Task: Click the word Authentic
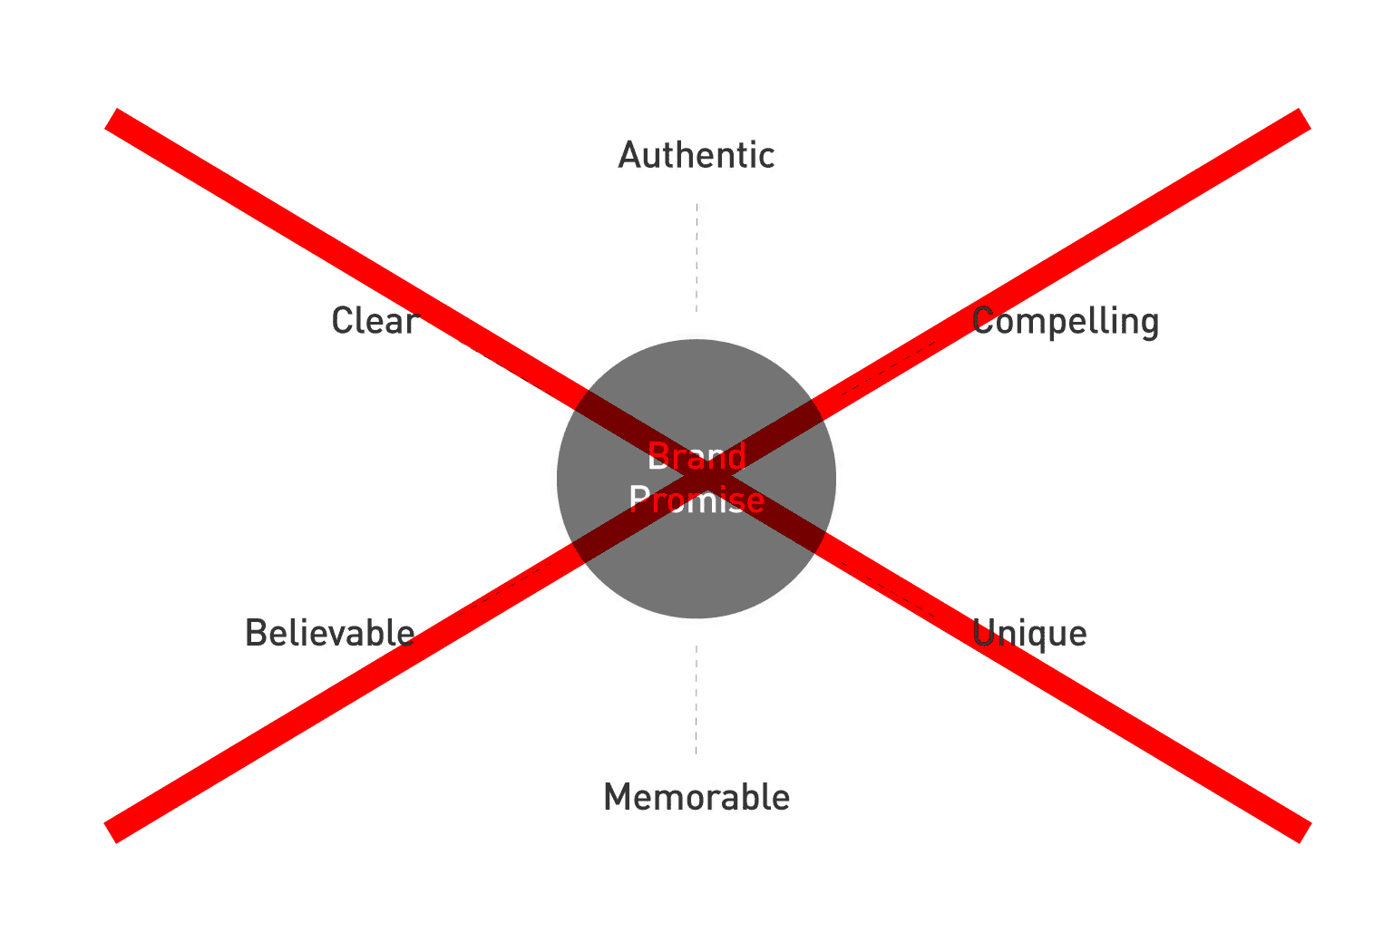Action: click(x=696, y=156)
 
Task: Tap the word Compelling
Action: click(x=1065, y=322)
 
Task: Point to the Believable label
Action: click(x=329, y=633)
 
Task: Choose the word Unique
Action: click(x=1028, y=634)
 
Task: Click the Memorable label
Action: click(x=696, y=798)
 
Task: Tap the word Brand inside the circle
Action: click(x=696, y=457)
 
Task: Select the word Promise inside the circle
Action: click(x=696, y=500)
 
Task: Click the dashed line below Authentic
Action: click(x=696, y=258)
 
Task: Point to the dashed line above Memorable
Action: click(x=696, y=700)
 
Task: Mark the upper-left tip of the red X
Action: click(x=112, y=119)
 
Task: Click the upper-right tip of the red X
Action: click(x=1304, y=119)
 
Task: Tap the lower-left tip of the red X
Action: click(x=112, y=832)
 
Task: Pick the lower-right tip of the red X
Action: click(x=1304, y=832)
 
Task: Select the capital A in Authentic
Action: click(x=628, y=156)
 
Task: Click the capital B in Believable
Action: click(x=255, y=633)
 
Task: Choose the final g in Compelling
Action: click(x=1149, y=325)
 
